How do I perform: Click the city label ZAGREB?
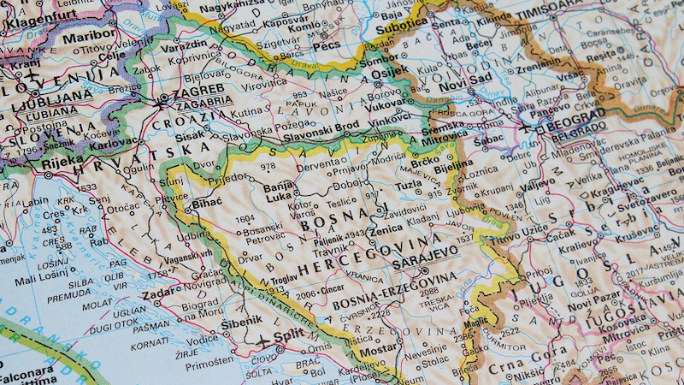pyautogui.click(x=199, y=88)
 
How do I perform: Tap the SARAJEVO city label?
pyautogui.click(x=426, y=254)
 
